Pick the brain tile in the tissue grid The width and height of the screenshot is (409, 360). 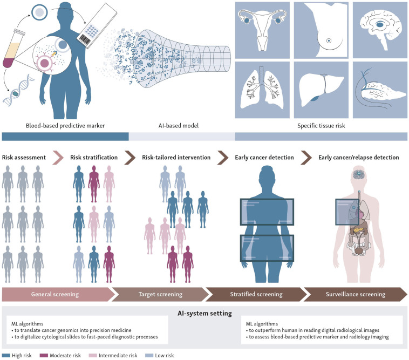tap(380, 29)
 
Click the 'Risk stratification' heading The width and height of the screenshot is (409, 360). tap(94, 158)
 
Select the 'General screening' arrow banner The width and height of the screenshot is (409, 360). tap(56, 295)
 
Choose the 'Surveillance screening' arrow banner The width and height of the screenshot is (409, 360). tap(356, 295)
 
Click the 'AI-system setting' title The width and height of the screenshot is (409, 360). tap(204, 314)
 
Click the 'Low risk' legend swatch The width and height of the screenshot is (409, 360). tap(150, 355)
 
